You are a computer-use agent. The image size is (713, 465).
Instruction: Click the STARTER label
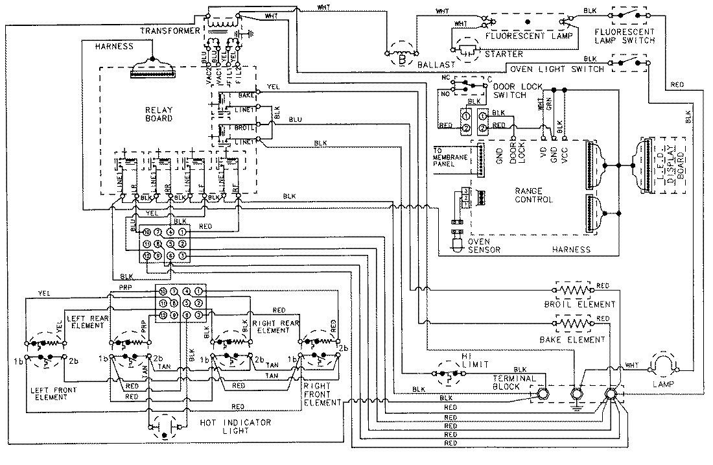pyautogui.click(x=502, y=53)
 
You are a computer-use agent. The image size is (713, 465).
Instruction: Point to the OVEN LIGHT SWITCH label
pyautogui.click(x=556, y=69)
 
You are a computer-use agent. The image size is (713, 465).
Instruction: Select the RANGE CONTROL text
pyautogui.click(x=533, y=195)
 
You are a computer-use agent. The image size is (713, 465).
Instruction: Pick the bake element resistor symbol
pyautogui.click(x=574, y=322)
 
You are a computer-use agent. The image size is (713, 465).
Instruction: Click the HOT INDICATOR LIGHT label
pyautogui.click(x=228, y=426)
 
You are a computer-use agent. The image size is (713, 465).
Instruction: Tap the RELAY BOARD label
pyautogui.click(x=159, y=114)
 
